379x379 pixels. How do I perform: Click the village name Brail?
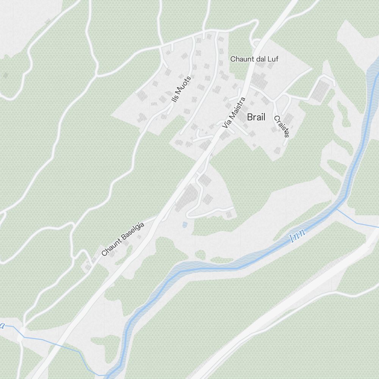(256, 117)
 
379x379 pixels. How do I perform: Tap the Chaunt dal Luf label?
(254, 59)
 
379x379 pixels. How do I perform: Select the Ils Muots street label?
(182, 89)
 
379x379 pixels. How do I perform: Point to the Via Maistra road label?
(234, 113)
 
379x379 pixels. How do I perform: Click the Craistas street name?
(282, 127)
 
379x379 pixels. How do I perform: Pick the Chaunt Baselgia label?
(123, 240)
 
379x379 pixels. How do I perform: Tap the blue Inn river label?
(298, 236)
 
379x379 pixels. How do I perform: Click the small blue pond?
(185, 225)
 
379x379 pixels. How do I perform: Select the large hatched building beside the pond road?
(186, 197)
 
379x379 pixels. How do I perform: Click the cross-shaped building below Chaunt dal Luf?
(260, 80)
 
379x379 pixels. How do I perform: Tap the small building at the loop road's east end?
(229, 215)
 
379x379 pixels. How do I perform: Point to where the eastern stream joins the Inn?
(336, 208)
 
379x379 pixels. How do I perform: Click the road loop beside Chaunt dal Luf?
(257, 42)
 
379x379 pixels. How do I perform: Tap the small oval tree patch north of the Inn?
(200, 254)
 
